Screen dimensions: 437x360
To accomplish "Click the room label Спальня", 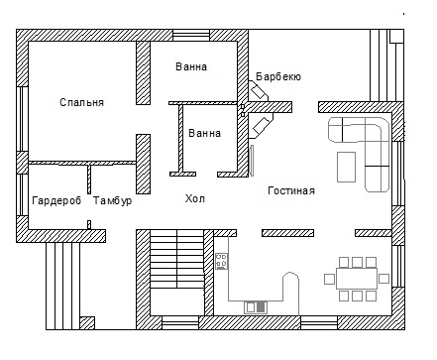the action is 82,102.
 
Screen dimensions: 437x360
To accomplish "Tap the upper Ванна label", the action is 191,66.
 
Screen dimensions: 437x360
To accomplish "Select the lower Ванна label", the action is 204,133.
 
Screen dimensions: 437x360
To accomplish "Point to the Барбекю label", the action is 278,76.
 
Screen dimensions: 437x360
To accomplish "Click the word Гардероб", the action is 56,200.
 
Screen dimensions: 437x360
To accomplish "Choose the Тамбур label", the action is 112,200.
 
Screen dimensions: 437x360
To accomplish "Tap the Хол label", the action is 195,198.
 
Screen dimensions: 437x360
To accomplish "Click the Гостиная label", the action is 291,190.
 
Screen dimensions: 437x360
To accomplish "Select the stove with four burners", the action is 222,261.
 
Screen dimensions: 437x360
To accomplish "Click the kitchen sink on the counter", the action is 256,307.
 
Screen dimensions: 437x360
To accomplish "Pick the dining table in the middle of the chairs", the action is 357,279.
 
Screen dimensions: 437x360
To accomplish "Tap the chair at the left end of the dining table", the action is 330,279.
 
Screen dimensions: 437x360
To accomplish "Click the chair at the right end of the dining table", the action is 383,279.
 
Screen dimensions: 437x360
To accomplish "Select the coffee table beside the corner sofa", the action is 346,167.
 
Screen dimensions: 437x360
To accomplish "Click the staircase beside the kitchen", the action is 177,259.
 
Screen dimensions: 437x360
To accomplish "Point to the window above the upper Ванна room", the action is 191,36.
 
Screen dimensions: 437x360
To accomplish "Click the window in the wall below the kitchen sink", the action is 319,322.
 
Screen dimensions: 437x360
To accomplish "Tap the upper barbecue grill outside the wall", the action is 259,90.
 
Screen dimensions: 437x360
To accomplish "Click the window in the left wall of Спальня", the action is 22,119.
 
